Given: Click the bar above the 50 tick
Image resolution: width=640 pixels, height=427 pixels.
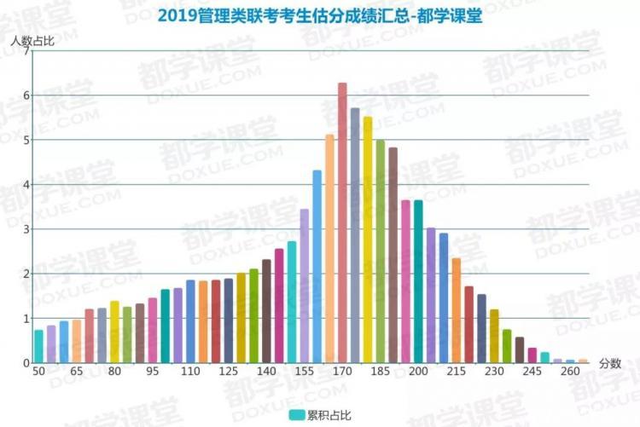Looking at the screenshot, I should (38, 346).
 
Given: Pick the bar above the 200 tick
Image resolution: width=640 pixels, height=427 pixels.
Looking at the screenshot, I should (418, 281).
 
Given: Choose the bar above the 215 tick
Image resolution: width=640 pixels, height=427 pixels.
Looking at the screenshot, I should (457, 310).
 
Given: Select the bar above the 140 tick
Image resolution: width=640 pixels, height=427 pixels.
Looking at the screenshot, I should (266, 311).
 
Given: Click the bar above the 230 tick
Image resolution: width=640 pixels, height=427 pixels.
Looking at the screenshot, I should (494, 336).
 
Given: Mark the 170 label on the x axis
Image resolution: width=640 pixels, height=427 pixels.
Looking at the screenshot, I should (342, 372).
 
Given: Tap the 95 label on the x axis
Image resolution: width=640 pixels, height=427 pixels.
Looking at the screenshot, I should (153, 372).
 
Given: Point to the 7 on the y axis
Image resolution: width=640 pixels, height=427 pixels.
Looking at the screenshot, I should (26, 51).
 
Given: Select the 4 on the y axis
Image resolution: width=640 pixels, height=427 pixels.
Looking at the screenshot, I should (26, 185).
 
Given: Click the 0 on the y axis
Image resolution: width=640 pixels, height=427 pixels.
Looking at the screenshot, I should (26, 363).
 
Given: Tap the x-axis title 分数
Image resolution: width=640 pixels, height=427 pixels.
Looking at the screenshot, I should (609, 363).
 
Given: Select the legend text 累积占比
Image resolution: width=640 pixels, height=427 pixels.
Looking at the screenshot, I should (330, 415).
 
